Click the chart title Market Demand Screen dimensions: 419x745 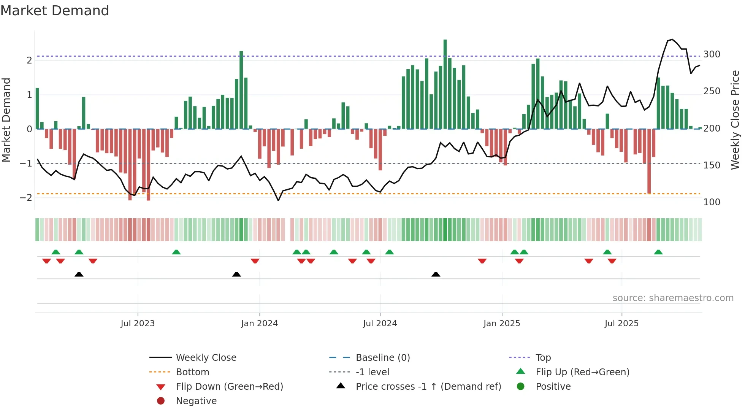[x=55, y=11]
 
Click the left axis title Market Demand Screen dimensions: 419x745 [x=6, y=120]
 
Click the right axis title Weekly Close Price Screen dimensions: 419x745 [x=735, y=120]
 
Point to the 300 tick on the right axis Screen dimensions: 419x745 [x=712, y=54]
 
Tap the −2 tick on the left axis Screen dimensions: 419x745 [x=26, y=198]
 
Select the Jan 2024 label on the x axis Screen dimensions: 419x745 [x=259, y=324]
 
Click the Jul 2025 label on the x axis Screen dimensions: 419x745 [x=621, y=324]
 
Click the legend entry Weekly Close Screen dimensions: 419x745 [x=206, y=358]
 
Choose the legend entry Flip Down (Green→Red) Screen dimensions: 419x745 [x=229, y=387]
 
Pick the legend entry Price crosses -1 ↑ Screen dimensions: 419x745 [x=428, y=387]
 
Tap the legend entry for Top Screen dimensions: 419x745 [x=543, y=358]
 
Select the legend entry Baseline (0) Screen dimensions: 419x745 [x=382, y=358]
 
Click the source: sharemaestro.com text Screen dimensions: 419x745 [x=673, y=298]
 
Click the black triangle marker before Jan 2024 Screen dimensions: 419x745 [x=236, y=274]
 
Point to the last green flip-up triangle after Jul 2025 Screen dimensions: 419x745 [x=658, y=252]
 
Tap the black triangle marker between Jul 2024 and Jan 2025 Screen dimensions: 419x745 [x=436, y=274]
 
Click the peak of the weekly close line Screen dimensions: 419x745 [x=672, y=40]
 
